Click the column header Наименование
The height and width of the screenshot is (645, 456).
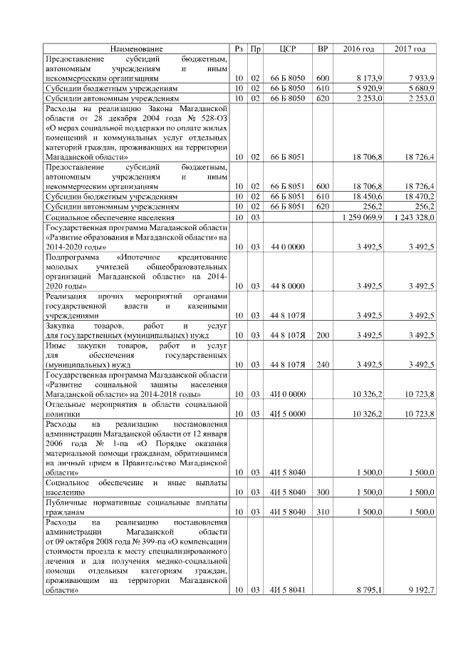coord(136,48)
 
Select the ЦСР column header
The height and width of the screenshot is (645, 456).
coord(288,48)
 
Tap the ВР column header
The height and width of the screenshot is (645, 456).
coord(323,48)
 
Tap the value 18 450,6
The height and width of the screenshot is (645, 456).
coord(368,195)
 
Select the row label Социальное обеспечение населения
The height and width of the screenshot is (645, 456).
coord(108,216)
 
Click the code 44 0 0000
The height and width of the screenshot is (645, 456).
coord(288,247)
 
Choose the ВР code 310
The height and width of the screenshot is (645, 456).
coord(323,512)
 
